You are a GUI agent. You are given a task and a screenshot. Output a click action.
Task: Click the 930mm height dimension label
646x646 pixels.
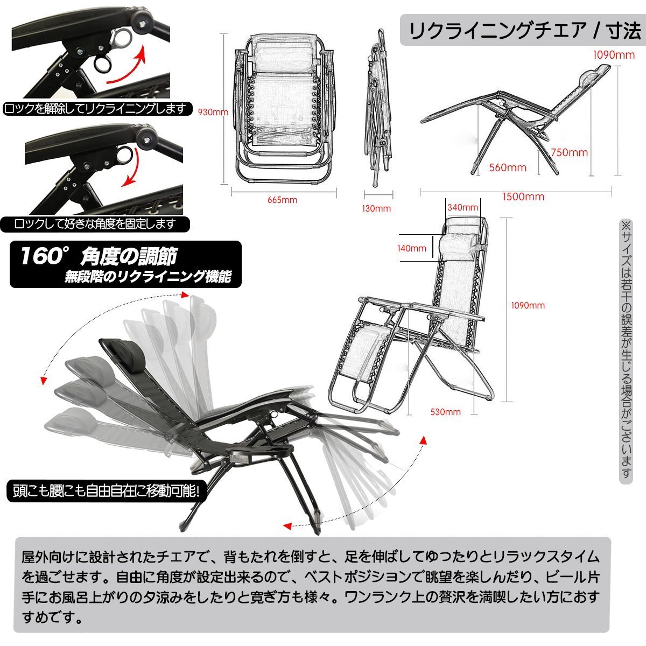pyautogui.click(x=213, y=112)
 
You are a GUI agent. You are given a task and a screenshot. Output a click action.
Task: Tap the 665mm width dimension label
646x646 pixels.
pyautogui.click(x=282, y=200)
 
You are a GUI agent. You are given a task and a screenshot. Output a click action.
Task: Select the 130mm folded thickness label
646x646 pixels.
pyautogui.click(x=376, y=208)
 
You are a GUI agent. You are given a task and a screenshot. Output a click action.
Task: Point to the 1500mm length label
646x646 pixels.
pyautogui.click(x=523, y=197)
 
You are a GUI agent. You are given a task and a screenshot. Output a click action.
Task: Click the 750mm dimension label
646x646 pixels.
pyautogui.click(x=569, y=152)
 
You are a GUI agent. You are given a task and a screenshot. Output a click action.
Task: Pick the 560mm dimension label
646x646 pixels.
pyautogui.click(x=508, y=167)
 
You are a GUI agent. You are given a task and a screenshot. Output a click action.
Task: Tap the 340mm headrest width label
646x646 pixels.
pyautogui.click(x=462, y=207)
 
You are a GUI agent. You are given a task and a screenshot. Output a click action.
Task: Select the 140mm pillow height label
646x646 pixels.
pyautogui.click(x=412, y=248)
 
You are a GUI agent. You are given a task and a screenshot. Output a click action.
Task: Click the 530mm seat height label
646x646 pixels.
pyautogui.click(x=446, y=412)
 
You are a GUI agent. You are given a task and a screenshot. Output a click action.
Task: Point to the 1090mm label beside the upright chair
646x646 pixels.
pyautogui.click(x=528, y=305)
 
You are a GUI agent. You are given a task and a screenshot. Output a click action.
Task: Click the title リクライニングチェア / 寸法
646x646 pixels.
pyautogui.click(x=525, y=31)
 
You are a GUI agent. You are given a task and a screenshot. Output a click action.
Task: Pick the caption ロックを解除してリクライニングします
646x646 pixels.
pyautogui.click(x=95, y=109)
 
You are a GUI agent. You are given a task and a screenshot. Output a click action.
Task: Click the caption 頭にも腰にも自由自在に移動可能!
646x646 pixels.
pyautogui.click(x=106, y=491)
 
